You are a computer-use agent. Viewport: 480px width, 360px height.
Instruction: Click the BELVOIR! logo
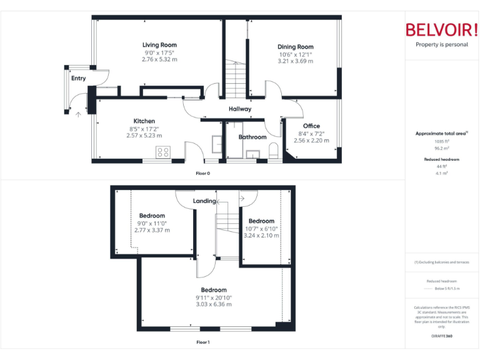441,30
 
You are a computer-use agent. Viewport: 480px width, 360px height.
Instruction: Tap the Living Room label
159,45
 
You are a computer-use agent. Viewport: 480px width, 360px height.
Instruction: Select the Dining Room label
296,47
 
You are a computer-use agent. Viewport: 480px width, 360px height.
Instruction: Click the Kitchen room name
144,121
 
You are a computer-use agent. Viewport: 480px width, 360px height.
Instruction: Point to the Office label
311,126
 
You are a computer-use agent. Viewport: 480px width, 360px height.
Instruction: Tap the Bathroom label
252,137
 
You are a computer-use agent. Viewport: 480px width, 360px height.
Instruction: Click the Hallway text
239,109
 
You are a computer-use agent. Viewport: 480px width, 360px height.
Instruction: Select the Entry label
78,79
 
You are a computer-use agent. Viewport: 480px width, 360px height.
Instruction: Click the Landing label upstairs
204,201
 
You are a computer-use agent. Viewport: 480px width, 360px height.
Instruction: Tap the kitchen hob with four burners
163,151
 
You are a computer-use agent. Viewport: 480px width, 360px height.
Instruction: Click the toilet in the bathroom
272,151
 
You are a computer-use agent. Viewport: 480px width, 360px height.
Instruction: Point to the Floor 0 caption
203,173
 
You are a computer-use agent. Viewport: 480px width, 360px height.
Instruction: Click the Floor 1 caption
203,342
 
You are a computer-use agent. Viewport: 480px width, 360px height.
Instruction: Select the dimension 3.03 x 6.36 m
214,304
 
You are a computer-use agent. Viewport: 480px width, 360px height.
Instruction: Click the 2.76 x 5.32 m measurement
159,59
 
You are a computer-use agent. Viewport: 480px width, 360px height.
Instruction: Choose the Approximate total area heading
441,133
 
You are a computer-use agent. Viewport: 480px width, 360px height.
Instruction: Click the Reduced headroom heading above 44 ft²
442,159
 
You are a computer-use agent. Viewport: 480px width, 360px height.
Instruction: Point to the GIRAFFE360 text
442,336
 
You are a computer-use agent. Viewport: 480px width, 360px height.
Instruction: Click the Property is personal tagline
441,45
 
